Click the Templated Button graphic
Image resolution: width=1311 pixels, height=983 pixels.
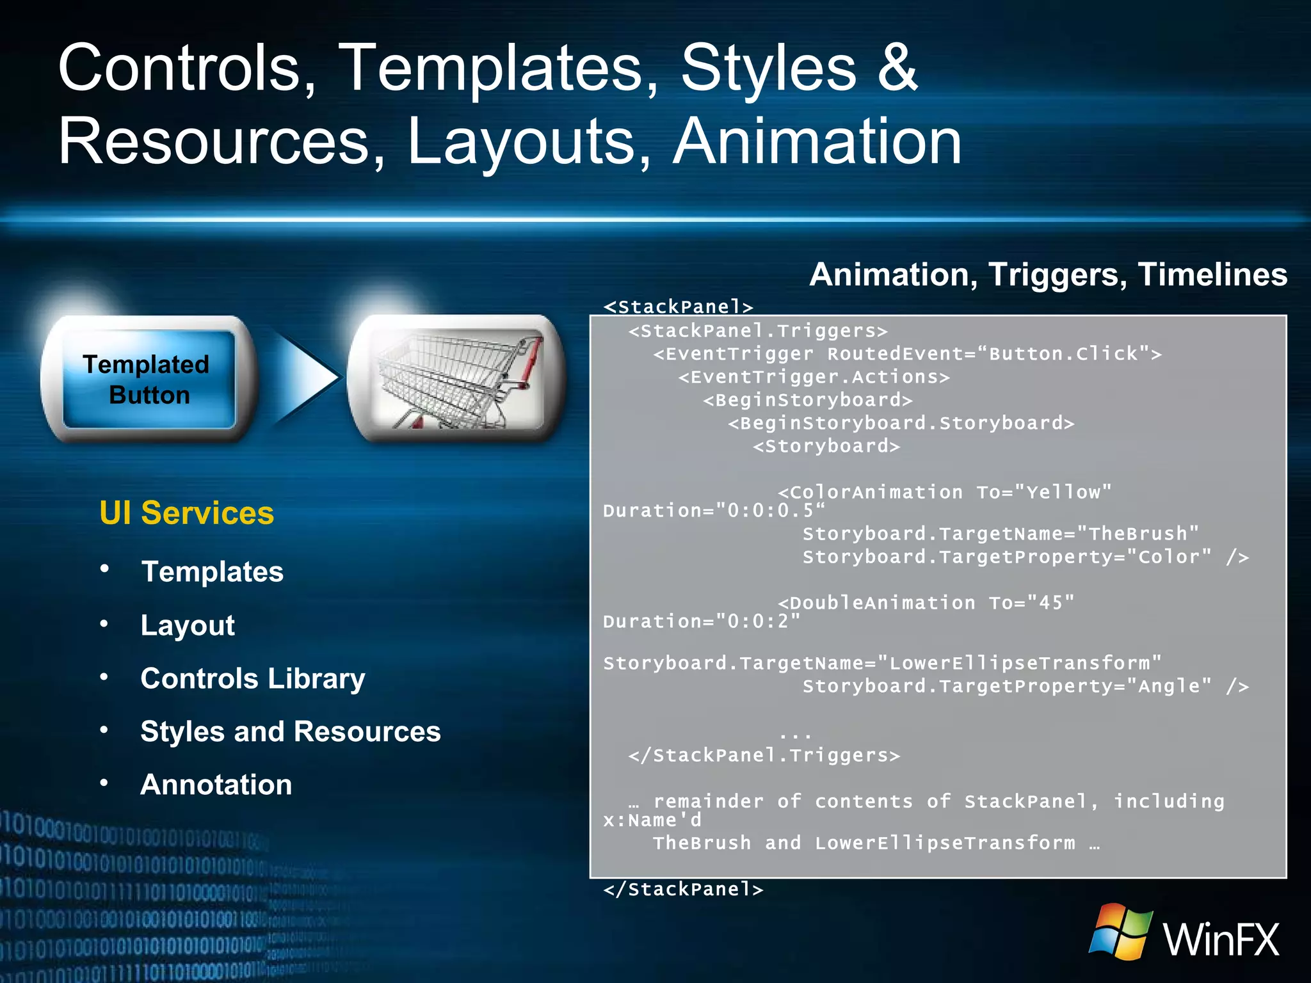tap(149, 379)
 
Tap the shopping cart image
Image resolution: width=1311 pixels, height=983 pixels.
tap(456, 379)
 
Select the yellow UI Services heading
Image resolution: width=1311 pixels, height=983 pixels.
tap(186, 513)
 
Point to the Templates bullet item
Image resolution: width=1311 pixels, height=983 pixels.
tap(212, 571)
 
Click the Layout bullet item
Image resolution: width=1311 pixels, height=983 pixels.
tap(188, 625)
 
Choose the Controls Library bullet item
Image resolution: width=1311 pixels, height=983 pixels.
tap(253, 678)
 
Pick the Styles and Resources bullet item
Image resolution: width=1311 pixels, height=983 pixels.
tap(291, 731)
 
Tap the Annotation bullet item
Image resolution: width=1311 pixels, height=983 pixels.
tap(216, 785)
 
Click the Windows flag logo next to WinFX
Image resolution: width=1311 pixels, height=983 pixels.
tap(1121, 932)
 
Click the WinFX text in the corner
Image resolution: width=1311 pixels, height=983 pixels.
tap(1221, 939)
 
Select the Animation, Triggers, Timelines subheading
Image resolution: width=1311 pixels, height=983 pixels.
tap(1048, 275)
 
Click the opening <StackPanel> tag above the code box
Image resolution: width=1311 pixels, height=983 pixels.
tap(678, 307)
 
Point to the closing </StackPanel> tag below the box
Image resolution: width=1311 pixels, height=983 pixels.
tap(683, 889)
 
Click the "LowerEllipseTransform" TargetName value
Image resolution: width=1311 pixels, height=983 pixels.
tap(1019, 663)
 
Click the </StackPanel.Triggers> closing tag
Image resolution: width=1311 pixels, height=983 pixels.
tap(764, 755)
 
